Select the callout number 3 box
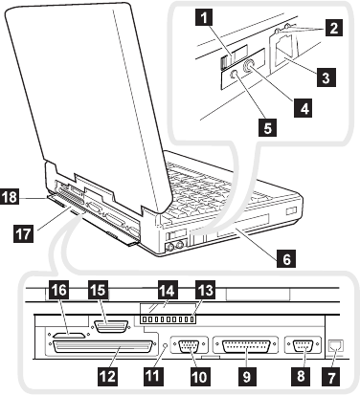pos(326,77)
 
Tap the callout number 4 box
pos(304,108)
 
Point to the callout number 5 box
pos(267,127)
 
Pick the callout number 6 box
pos(286,258)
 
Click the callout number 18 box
pos(9,196)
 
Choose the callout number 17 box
pos(23,233)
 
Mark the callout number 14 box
pos(167,291)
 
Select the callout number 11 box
pos(152,376)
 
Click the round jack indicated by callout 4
pos(249,66)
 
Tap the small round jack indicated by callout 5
pos(234,74)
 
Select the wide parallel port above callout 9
pos(246,346)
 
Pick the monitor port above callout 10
pos(190,346)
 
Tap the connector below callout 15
pos(111,327)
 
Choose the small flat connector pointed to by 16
pos(69,336)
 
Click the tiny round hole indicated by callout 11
pos(165,345)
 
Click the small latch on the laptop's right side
pos(291,211)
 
